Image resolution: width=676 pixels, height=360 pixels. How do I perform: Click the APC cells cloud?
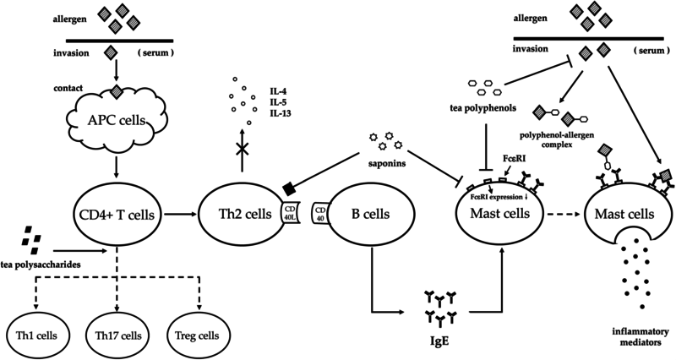(116, 120)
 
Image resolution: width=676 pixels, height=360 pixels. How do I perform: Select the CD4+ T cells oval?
(116, 214)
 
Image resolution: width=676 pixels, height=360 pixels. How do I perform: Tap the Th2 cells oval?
(243, 214)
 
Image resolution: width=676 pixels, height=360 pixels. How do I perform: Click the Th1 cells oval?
(36, 335)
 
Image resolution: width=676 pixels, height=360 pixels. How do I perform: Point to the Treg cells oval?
(197, 335)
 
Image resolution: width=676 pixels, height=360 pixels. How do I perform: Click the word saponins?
(386, 163)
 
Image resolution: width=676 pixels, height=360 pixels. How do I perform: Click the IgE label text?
(440, 341)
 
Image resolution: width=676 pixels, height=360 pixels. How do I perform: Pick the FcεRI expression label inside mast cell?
(500, 198)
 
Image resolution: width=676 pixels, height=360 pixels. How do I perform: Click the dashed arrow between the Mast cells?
(563, 214)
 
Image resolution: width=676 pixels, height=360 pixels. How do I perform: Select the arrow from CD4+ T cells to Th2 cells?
(179, 214)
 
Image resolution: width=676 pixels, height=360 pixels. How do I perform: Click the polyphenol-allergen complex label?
(555, 140)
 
